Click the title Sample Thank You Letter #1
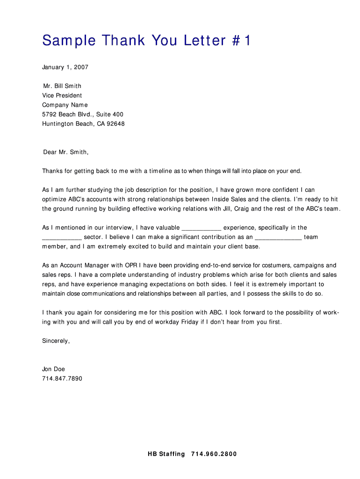(x=146, y=41)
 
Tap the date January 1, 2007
(x=65, y=67)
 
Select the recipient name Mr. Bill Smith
(x=62, y=86)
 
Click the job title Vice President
(x=62, y=95)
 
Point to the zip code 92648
(x=116, y=124)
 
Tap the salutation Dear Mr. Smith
(x=65, y=152)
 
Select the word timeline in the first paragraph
(x=161, y=171)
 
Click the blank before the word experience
(x=201, y=228)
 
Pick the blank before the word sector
(x=62, y=237)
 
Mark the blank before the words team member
(x=278, y=237)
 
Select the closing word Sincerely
(x=56, y=341)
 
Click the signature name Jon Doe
(x=54, y=369)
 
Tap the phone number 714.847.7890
(x=62, y=378)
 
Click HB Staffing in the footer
(x=166, y=454)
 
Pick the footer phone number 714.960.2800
(x=214, y=454)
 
